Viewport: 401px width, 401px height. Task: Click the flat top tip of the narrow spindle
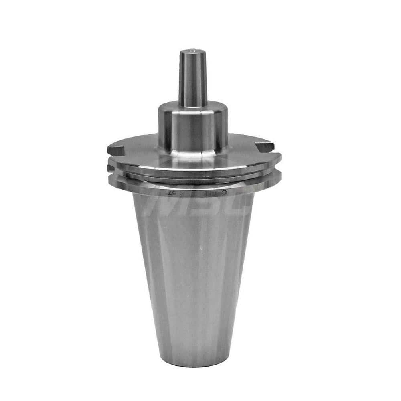click(x=192, y=52)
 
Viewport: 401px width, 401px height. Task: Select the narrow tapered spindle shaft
click(x=192, y=78)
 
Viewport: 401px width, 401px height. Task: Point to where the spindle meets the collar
click(x=193, y=105)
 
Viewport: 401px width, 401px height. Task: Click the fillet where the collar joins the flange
click(x=193, y=154)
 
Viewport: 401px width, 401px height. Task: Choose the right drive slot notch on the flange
click(x=265, y=147)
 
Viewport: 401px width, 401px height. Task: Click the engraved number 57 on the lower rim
click(x=167, y=193)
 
